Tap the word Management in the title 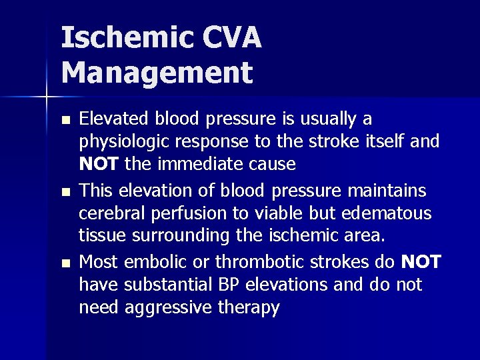click(x=157, y=73)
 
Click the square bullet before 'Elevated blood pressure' click(x=65, y=121)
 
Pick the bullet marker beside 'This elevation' click(x=65, y=192)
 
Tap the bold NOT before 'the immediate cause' click(x=98, y=164)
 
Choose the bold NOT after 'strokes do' click(x=421, y=262)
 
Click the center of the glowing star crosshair click(x=47, y=97)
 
